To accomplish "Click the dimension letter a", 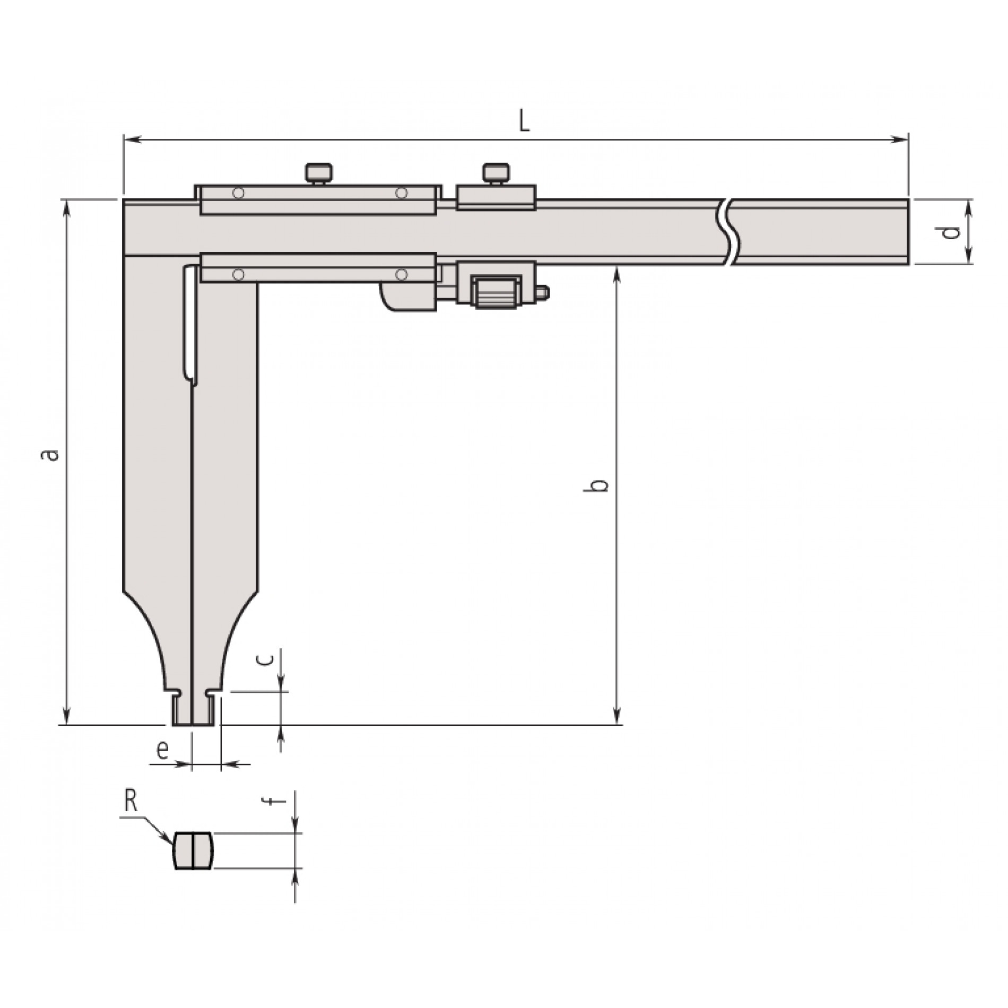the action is coord(49,455).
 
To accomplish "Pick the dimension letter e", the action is coord(162,750).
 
